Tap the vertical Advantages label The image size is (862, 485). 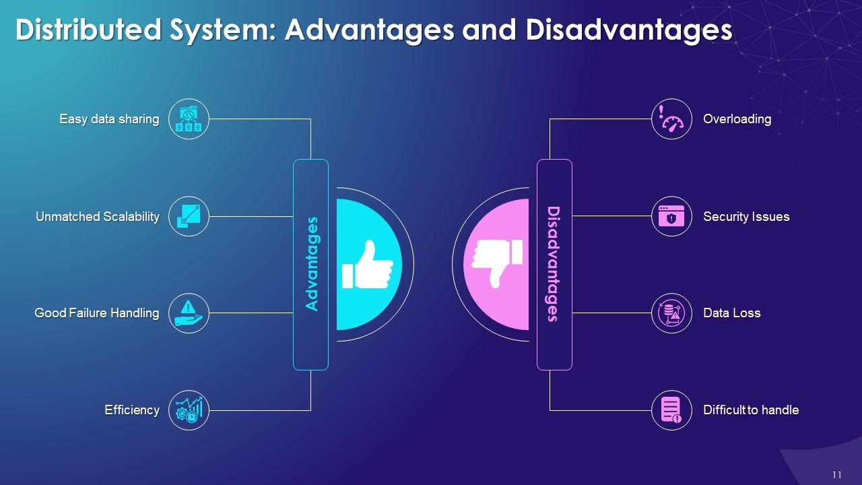pos(311,264)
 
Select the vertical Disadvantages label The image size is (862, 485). pos(554,264)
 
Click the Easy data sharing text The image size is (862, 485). pos(109,119)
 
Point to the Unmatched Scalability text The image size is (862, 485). pos(98,217)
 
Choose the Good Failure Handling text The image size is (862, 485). pos(97,313)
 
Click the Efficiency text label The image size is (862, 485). pos(132,410)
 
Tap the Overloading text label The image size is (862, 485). pos(737,119)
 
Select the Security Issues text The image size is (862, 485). pos(746,217)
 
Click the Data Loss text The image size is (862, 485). pos(731,313)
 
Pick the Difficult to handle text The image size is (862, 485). pos(751,410)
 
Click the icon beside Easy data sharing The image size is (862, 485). pos(189,119)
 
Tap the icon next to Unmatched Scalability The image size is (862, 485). pos(189,216)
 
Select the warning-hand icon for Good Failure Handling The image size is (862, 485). pos(189,313)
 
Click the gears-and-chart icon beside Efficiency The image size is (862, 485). pos(189,410)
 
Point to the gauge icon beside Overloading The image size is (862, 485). pos(671,119)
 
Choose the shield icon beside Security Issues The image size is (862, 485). pos(671,216)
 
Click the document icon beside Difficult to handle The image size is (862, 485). pos(671,410)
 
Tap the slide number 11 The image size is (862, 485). pos(837,475)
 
